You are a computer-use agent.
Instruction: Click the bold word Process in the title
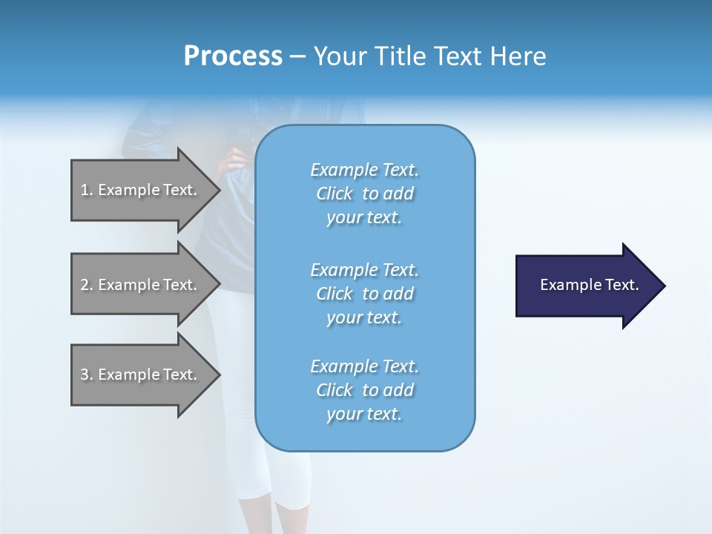coord(233,56)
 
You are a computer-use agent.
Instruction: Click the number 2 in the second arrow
coord(85,285)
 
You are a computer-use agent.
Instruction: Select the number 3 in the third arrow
coord(85,375)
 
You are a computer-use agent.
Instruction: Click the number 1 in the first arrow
coord(84,190)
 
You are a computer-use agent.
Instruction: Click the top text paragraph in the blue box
coord(364,194)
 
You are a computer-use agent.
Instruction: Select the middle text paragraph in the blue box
coord(364,294)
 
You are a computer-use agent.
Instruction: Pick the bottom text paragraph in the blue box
coord(364,390)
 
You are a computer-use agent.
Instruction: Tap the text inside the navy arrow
coord(589,285)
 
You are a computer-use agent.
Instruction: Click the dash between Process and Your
coord(297,57)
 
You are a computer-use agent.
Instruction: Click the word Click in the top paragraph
coord(334,194)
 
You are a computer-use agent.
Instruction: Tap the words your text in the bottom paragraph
coord(364,414)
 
